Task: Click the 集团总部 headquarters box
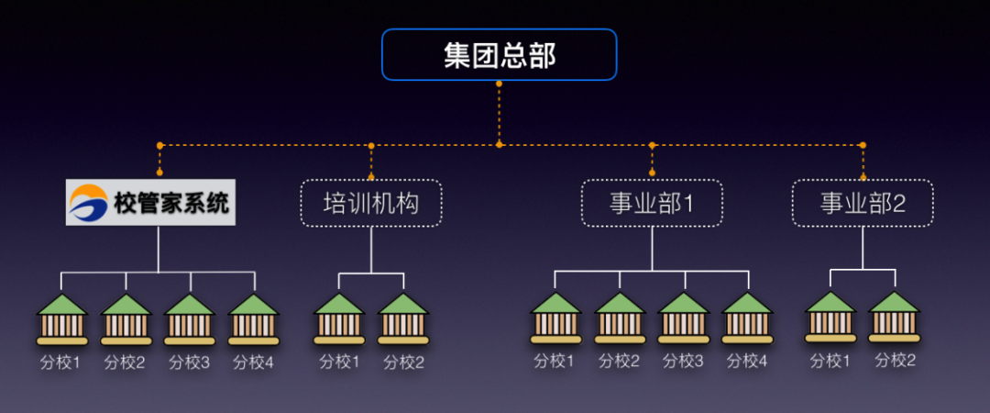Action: pos(499,55)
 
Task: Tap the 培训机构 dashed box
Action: pos(371,203)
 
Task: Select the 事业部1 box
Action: pos(652,203)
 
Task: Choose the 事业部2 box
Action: pos(863,203)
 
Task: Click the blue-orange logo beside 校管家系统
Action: pos(89,203)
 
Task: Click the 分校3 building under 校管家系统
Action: pos(190,319)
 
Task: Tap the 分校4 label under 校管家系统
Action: pos(254,362)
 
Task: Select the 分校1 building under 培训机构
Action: pos(339,318)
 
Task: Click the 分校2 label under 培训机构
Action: pos(403,362)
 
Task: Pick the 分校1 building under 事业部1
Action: pos(555,318)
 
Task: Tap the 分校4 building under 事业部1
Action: pos(747,318)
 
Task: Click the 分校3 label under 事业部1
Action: pos(683,362)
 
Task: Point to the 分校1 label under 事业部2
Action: pos(830,361)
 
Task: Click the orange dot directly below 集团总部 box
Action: pos(499,84)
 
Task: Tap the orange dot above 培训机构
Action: pos(371,145)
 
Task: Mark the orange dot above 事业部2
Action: pos(863,145)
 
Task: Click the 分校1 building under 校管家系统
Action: pos(62,319)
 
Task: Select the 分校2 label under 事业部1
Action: pos(620,362)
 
